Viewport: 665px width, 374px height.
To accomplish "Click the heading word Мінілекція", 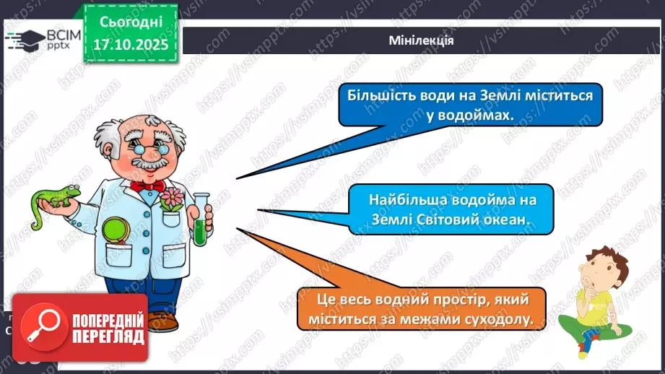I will click(x=420, y=40).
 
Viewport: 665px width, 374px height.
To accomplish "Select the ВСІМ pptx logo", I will click(x=43, y=39).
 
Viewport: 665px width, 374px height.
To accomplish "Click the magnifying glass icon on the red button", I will click(x=39, y=327).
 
